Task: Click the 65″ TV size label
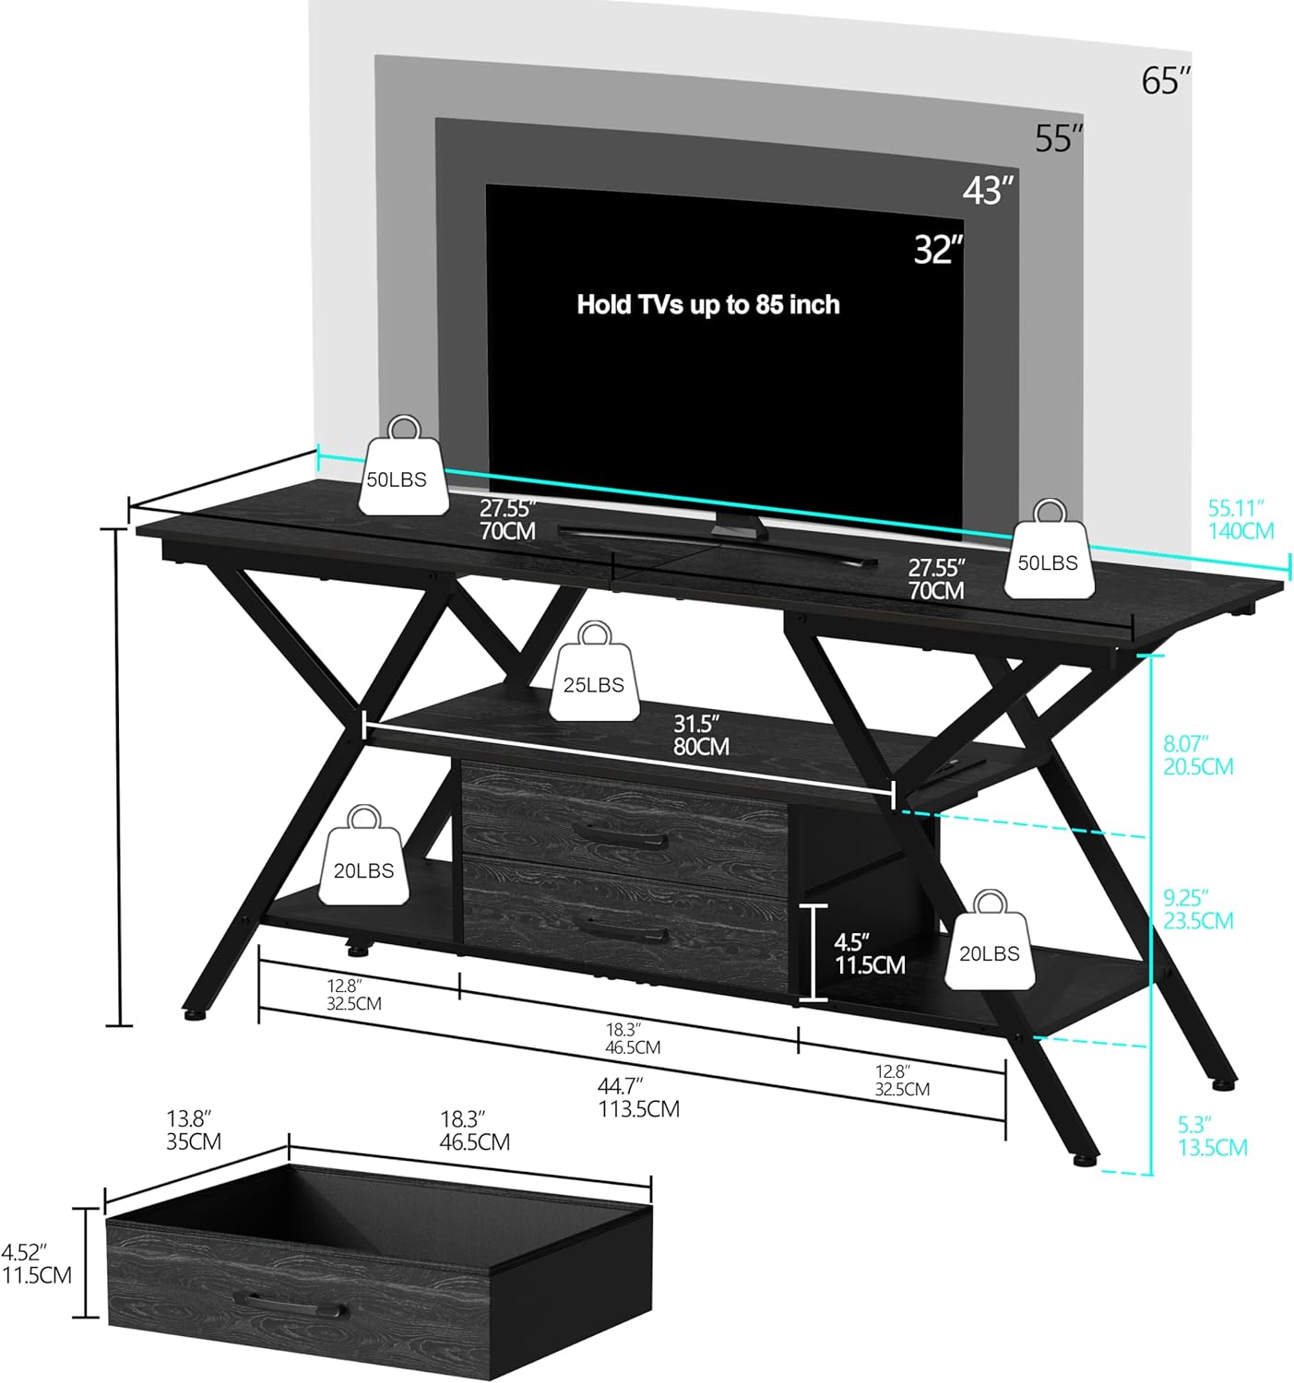[x=1166, y=81]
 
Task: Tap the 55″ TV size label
[x=1058, y=138]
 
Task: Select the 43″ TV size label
[x=988, y=190]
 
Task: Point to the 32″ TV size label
[x=938, y=250]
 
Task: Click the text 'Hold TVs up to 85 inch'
[x=707, y=304]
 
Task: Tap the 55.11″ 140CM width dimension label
[x=1241, y=519]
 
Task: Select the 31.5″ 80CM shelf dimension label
[x=701, y=735]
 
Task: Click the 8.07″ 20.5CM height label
[x=1197, y=754]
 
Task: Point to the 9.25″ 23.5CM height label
[x=1197, y=909]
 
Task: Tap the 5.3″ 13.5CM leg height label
[x=1212, y=1136]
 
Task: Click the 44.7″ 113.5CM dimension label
[x=638, y=1097]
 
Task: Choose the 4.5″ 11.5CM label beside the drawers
[x=869, y=953]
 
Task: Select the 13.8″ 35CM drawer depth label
[x=194, y=1130]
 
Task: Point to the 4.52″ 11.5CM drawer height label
[x=37, y=1263]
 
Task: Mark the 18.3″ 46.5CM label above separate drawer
[x=474, y=1130]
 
